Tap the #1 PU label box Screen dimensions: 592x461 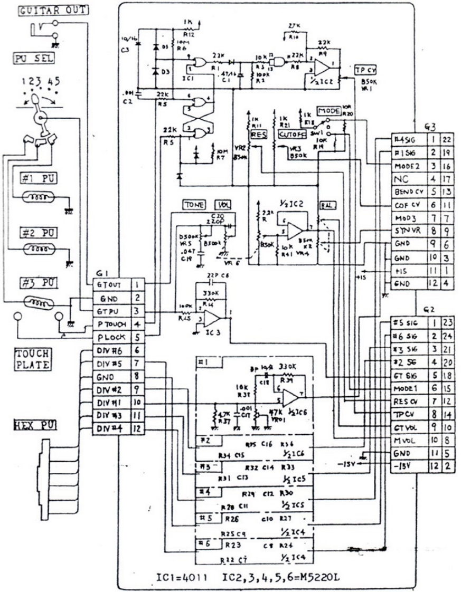coord(39,178)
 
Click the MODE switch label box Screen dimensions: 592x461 coord(328,111)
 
